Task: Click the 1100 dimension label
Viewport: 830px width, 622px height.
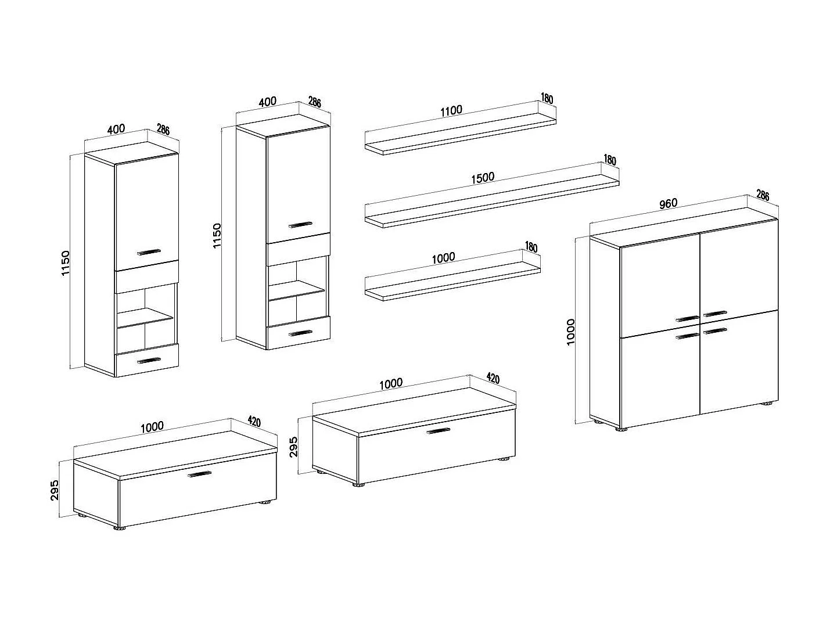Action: click(451, 110)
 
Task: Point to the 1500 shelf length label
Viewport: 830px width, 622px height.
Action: click(482, 177)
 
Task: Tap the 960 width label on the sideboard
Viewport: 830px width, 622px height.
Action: click(668, 204)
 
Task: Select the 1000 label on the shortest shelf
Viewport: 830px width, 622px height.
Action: click(443, 257)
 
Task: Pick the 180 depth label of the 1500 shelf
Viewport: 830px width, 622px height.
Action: click(609, 160)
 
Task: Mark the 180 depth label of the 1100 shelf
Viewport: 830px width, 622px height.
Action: click(547, 98)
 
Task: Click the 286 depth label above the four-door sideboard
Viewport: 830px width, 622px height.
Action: click(762, 196)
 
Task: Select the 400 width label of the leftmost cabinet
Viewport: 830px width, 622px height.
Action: click(116, 129)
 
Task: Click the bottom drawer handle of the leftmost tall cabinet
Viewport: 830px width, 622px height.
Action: click(148, 361)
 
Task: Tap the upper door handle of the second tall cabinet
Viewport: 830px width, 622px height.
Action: click(300, 224)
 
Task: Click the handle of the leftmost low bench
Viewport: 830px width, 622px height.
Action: click(199, 474)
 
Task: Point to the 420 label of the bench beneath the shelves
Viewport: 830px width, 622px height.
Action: click(492, 379)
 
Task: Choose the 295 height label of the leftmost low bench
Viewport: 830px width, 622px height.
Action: click(55, 491)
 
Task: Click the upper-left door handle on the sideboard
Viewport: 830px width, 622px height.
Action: click(688, 318)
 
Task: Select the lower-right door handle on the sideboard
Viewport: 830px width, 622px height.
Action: click(715, 330)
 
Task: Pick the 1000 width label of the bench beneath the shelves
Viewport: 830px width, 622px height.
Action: click(390, 383)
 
